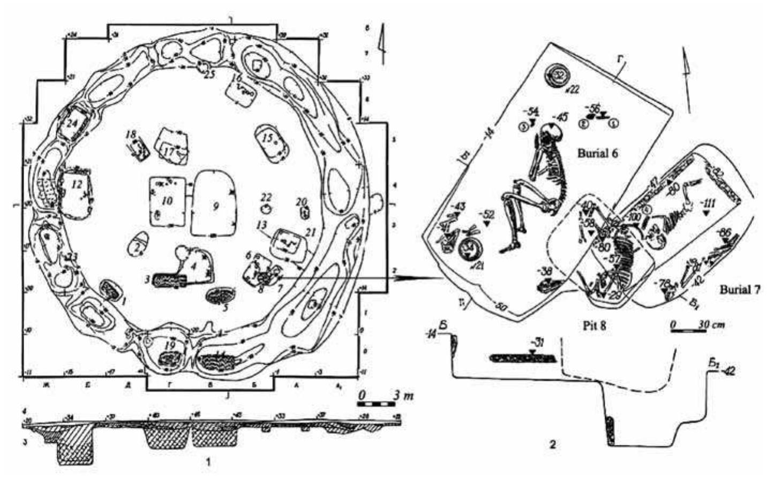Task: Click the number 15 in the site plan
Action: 268,138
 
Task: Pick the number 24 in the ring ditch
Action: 73,122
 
